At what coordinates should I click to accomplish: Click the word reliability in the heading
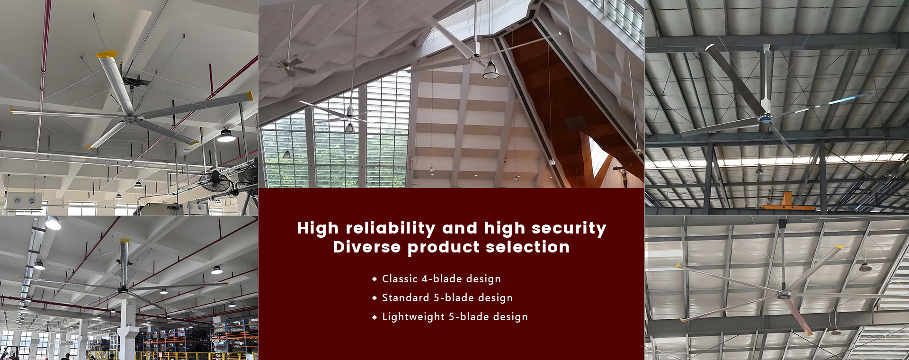tap(391, 229)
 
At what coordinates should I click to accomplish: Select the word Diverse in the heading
tap(367, 247)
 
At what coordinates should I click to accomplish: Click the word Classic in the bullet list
tap(400, 279)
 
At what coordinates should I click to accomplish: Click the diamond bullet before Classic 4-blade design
tap(374, 279)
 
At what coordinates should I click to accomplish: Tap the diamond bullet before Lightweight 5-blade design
tap(374, 317)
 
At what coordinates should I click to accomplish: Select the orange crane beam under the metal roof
tap(788, 201)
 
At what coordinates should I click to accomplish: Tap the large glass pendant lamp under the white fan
tap(490, 70)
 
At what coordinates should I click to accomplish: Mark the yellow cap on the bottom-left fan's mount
tap(125, 241)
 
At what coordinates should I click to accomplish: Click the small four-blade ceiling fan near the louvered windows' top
tap(290, 65)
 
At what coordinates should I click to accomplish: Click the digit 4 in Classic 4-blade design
tap(425, 279)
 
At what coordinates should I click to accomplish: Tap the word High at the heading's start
tap(318, 229)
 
